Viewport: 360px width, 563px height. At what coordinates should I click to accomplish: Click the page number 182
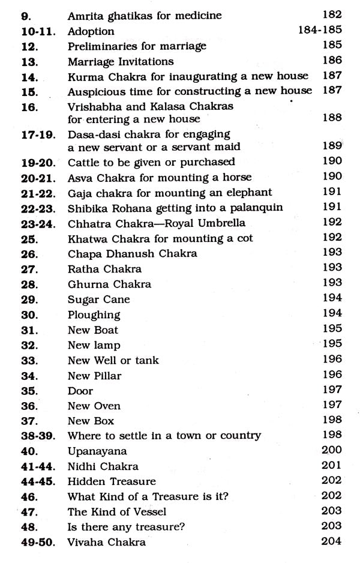(331, 14)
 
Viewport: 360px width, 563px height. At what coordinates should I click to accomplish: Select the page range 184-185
(320, 30)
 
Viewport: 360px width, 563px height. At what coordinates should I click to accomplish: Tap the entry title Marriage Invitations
(121, 61)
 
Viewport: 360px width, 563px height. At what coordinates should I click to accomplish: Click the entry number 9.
(19, 15)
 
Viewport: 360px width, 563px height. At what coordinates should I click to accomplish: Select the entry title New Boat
(93, 330)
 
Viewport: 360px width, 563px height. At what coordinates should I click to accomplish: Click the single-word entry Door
(81, 391)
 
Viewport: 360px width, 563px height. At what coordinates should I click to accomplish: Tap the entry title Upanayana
(97, 451)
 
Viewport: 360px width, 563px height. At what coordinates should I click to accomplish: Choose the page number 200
(331, 450)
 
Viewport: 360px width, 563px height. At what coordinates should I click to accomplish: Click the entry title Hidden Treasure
(112, 481)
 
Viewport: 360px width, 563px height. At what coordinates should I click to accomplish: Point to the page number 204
(331, 541)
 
